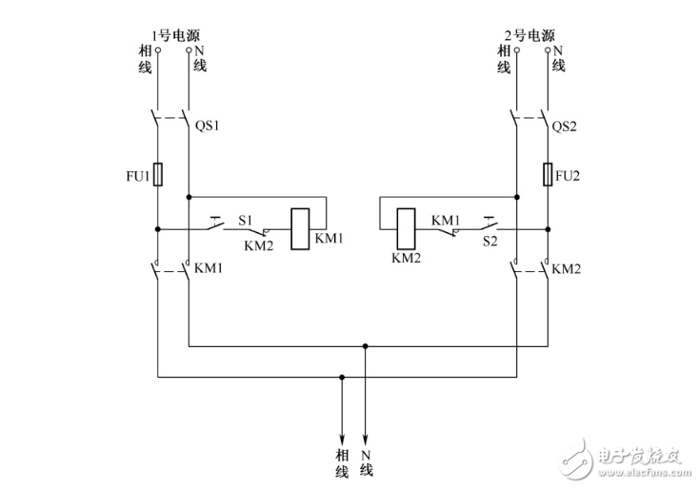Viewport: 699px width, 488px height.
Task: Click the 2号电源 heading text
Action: (x=530, y=36)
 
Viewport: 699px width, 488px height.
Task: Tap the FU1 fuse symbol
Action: (x=158, y=175)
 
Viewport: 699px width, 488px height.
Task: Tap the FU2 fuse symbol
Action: (x=548, y=175)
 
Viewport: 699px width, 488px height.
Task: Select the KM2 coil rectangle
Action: (x=406, y=228)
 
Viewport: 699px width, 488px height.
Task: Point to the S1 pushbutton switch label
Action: (x=245, y=221)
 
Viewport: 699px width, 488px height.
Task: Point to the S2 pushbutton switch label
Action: (x=490, y=243)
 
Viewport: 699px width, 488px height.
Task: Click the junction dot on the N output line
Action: (x=365, y=346)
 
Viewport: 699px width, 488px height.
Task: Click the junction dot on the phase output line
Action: (x=341, y=378)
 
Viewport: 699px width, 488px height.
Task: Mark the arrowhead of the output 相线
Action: (x=341, y=433)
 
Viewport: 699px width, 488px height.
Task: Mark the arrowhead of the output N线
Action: (x=365, y=433)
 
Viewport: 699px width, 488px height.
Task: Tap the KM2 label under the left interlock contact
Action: (x=259, y=244)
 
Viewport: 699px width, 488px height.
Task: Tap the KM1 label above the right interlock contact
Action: (x=446, y=220)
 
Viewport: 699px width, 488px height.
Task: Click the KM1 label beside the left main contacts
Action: (x=210, y=269)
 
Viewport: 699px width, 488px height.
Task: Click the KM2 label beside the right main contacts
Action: (x=569, y=269)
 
